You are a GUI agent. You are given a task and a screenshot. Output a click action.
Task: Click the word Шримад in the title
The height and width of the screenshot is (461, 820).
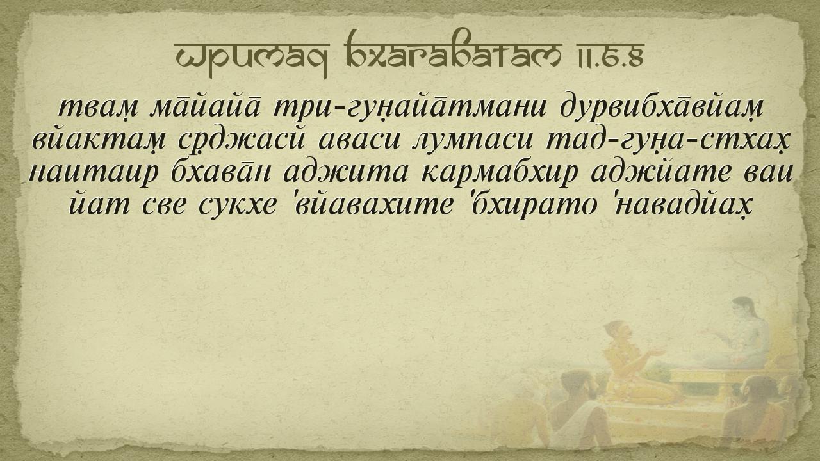coord(252,55)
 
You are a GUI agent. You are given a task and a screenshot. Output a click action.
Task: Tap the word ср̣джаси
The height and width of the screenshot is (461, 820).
coord(242,142)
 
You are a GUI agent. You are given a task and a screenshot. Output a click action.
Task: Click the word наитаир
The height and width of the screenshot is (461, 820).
coord(94,173)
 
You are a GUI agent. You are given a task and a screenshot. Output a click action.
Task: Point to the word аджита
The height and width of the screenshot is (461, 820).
coord(345,173)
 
